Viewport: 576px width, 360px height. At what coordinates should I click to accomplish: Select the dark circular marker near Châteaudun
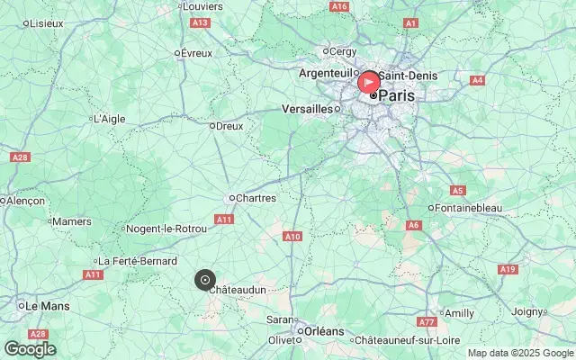[x=205, y=280]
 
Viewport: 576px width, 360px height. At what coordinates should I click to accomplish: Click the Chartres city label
[x=256, y=197]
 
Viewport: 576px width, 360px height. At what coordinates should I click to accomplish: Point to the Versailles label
[x=307, y=108]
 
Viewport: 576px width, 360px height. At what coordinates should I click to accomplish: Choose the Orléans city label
[x=324, y=331]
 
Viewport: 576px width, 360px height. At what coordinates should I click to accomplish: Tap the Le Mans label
[x=47, y=306]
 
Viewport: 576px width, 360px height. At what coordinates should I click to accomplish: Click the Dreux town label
[x=230, y=126]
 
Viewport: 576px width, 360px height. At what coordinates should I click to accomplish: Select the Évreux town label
[x=196, y=53]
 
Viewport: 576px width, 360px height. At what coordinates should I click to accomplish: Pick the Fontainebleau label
[x=468, y=208]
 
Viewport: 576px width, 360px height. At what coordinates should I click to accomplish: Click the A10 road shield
[x=292, y=237]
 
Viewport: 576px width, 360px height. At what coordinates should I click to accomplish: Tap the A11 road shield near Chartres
[x=224, y=219]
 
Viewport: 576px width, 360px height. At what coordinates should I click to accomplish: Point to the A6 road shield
[x=414, y=225]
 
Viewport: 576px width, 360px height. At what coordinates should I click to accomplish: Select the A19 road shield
[x=508, y=269]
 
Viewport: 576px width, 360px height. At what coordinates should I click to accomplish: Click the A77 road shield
[x=427, y=321]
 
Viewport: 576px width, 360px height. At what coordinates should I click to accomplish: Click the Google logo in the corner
[x=30, y=349]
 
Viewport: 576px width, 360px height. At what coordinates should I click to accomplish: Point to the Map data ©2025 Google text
[x=519, y=353]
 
